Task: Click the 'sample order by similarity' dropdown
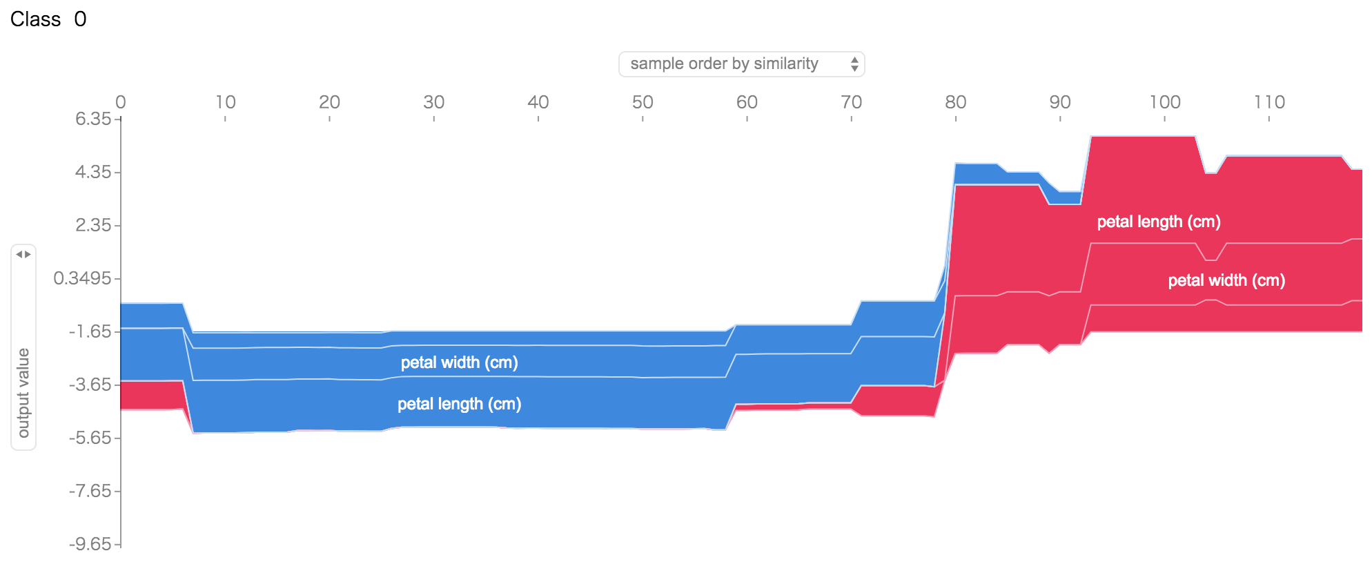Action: tap(741, 64)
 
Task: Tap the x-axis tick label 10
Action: tap(225, 102)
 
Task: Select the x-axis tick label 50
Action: tap(643, 102)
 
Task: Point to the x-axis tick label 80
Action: tap(955, 102)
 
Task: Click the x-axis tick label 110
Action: tap(1268, 102)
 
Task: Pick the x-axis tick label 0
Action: tap(121, 102)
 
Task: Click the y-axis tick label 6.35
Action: tap(93, 119)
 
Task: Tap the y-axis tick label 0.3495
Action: tap(82, 278)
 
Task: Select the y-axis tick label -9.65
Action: tap(90, 544)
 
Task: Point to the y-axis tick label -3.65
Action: tap(90, 385)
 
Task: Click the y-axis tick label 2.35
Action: tap(93, 225)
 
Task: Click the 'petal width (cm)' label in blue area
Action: tap(459, 362)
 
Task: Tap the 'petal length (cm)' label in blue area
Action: tap(459, 404)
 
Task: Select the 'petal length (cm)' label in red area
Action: tap(1158, 222)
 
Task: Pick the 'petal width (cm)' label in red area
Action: tap(1226, 280)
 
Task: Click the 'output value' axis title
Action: tap(23, 393)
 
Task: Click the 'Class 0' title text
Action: tap(48, 19)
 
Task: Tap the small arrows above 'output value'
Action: tap(23, 255)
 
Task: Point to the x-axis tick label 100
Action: tap(1164, 102)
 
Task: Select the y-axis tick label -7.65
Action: tap(90, 491)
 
